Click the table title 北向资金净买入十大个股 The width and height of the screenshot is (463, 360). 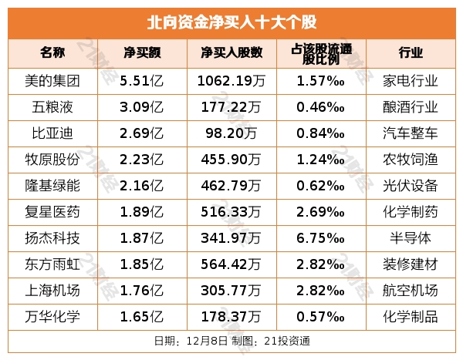point(231,22)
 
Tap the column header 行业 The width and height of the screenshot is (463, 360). point(411,53)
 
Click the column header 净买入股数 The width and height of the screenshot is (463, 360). point(231,53)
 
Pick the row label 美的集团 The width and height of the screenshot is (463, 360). point(53,79)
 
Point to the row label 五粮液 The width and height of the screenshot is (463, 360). point(53,106)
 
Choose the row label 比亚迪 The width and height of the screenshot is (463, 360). point(53,133)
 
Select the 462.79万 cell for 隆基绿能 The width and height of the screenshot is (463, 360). point(231,185)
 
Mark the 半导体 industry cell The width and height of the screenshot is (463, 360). point(411,238)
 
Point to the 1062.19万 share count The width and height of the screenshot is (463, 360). point(231,79)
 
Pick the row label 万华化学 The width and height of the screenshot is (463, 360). point(53,317)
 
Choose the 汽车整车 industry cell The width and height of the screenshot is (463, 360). point(411,133)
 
